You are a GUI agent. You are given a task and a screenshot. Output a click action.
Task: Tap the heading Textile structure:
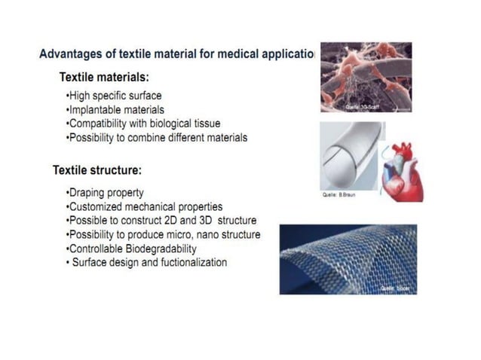(x=97, y=170)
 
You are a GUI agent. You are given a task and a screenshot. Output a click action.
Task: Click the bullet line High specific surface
(x=114, y=96)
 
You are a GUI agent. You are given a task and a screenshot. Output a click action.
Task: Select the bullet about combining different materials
(x=157, y=138)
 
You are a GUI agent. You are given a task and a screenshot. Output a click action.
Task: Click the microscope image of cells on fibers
(x=366, y=78)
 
